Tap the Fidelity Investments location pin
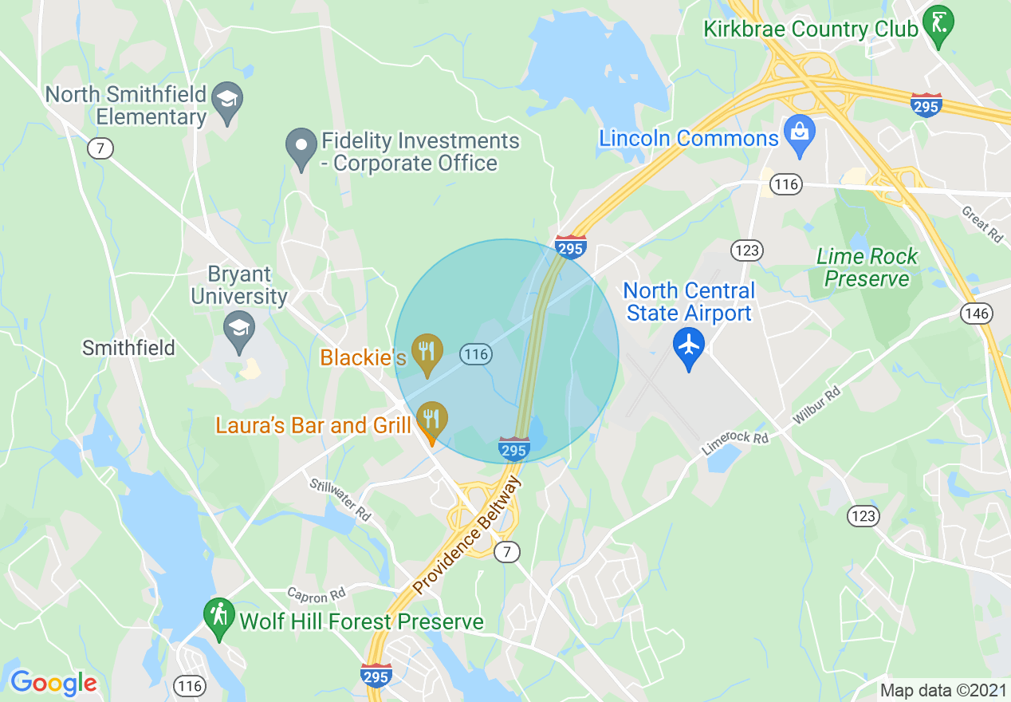click(301, 148)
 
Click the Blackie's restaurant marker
click(428, 353)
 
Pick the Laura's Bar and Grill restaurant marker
click(431, 420)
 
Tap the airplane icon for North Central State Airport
click(689, 349)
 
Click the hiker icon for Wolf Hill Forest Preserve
click(218, 618)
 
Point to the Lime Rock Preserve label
click(867, 268)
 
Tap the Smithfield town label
click(128, 348)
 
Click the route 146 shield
click(977, 314)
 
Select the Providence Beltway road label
click(467, 536)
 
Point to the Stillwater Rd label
click(340, 499)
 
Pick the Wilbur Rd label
click(816, 405)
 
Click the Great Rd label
click(982, 225)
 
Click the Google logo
click(53, 683)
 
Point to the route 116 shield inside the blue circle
click(475, 354)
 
